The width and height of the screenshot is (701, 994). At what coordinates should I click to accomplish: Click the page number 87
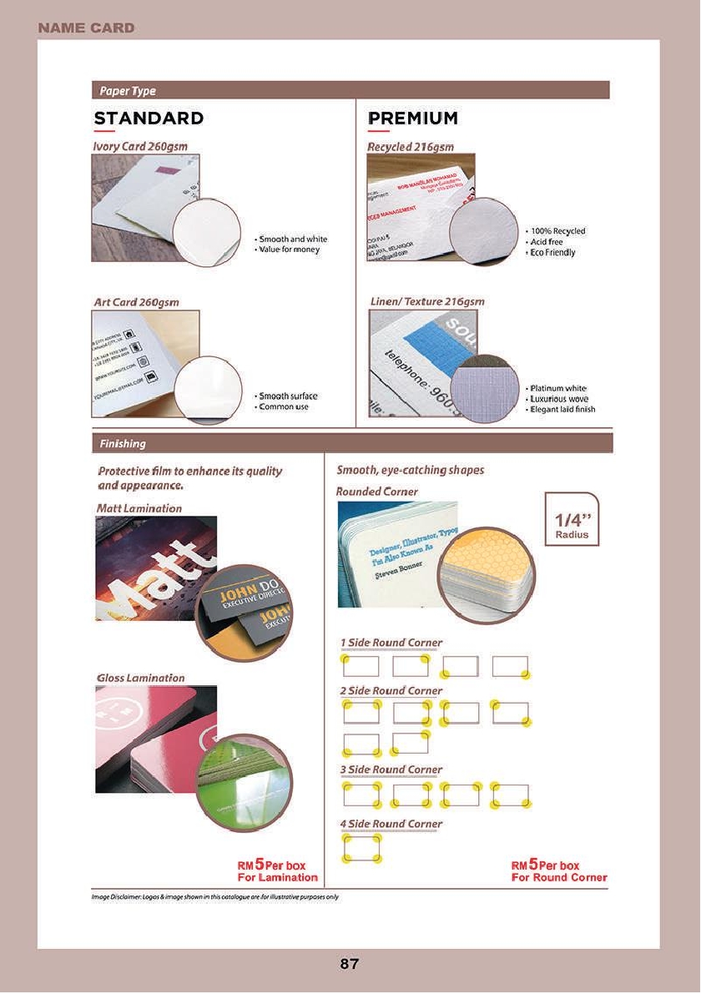tap(350, 965)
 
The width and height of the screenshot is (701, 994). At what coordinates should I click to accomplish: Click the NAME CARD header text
tap(86, 28)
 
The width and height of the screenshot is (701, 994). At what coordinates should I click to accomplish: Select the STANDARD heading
tap(149, 119)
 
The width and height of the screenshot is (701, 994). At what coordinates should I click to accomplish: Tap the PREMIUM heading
tap(412, 119)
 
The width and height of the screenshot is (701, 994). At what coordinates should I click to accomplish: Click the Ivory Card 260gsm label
tap(140, 146)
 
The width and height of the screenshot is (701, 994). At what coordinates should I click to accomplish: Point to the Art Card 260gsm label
tap(136, 301)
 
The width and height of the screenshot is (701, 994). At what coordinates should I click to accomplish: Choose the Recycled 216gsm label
tap(411, 146)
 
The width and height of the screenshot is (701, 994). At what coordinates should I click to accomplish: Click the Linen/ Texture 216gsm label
tap(427, 301)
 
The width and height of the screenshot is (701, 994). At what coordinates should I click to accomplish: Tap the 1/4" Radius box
tap(572, 519)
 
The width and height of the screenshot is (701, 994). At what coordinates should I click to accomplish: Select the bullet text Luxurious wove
tap(558, 399)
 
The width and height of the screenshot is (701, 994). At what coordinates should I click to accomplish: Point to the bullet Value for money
tap(289, 250)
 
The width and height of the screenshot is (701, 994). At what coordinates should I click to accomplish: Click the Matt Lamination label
tap(139, 507)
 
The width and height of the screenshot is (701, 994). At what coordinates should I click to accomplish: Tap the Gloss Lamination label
tap(140, 678)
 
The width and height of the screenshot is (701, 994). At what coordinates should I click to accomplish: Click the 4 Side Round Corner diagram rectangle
tap(361, 848)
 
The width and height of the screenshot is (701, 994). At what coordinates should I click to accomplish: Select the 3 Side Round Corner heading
tap(391, 769)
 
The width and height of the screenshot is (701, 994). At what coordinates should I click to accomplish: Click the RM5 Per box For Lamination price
tap(277, 871)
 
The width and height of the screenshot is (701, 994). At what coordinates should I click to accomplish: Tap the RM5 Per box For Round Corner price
tap(558, 871)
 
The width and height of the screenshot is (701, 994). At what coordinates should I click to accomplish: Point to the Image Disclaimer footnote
tap(214, 897)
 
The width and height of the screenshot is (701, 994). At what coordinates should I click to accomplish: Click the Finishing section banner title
tap(123, 443)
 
